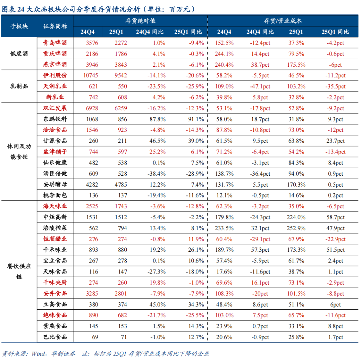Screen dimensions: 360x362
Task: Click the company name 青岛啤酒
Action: pyautogui.click(x=55, y=43)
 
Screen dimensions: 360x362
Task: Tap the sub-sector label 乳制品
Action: pyautogui.click(x=19, y=86)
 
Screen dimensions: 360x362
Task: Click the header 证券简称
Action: pyautogui.click(x=55, y=26)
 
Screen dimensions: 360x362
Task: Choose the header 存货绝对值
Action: pyautogui.click(x=140, y=20)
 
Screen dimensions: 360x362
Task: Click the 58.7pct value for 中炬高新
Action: pyautogui.click(x=336, y=217)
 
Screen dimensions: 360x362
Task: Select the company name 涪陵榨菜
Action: pyautogui.click(x=55, y=228)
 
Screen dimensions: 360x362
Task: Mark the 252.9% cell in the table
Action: pyautogui.click(x=296, y=228)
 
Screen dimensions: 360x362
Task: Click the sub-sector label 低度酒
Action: pyautogui.click(x=19, y=54)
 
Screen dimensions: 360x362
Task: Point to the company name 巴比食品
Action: pyautogui.click(x=55, y=337)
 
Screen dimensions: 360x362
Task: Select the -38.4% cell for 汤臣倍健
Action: pyautogui.click(x=157, y=174)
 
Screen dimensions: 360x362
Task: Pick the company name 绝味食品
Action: pyautogui.click(x=55, y=315)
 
